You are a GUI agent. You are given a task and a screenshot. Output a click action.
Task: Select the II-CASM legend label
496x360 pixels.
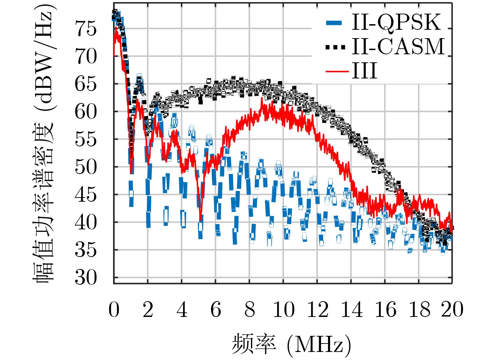point(398,46)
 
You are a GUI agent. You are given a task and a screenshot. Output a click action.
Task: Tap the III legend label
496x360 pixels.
point(364,71)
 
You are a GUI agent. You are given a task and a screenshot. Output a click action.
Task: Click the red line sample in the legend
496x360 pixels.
point(337,71)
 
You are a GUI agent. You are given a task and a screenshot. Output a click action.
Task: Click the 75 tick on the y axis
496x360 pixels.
point(86,29)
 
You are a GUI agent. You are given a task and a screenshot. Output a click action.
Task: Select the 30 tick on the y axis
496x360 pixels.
point(86,278)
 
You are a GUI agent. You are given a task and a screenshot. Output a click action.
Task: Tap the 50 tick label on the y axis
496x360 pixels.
point(86,167)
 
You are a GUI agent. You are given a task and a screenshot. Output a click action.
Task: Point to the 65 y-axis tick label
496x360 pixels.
point(86,84)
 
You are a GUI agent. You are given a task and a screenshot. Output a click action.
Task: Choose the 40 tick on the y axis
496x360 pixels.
point(86,222)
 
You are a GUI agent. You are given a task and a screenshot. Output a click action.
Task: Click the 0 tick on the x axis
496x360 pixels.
point(114,310)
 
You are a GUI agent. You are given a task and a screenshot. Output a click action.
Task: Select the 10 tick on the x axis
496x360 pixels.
point(283,310)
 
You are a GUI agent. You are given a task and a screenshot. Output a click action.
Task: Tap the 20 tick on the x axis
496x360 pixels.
point(452,310)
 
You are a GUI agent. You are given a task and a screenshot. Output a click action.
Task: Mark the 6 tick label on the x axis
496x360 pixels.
point(216,310)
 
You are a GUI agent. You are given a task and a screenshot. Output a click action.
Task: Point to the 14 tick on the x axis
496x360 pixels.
point(351,310)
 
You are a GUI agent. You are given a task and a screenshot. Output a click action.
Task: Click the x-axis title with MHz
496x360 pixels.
point(291,344)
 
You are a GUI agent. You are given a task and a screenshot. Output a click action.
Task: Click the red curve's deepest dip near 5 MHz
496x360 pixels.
point(200,220)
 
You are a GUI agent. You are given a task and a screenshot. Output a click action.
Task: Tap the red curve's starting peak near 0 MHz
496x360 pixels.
point(116,28)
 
